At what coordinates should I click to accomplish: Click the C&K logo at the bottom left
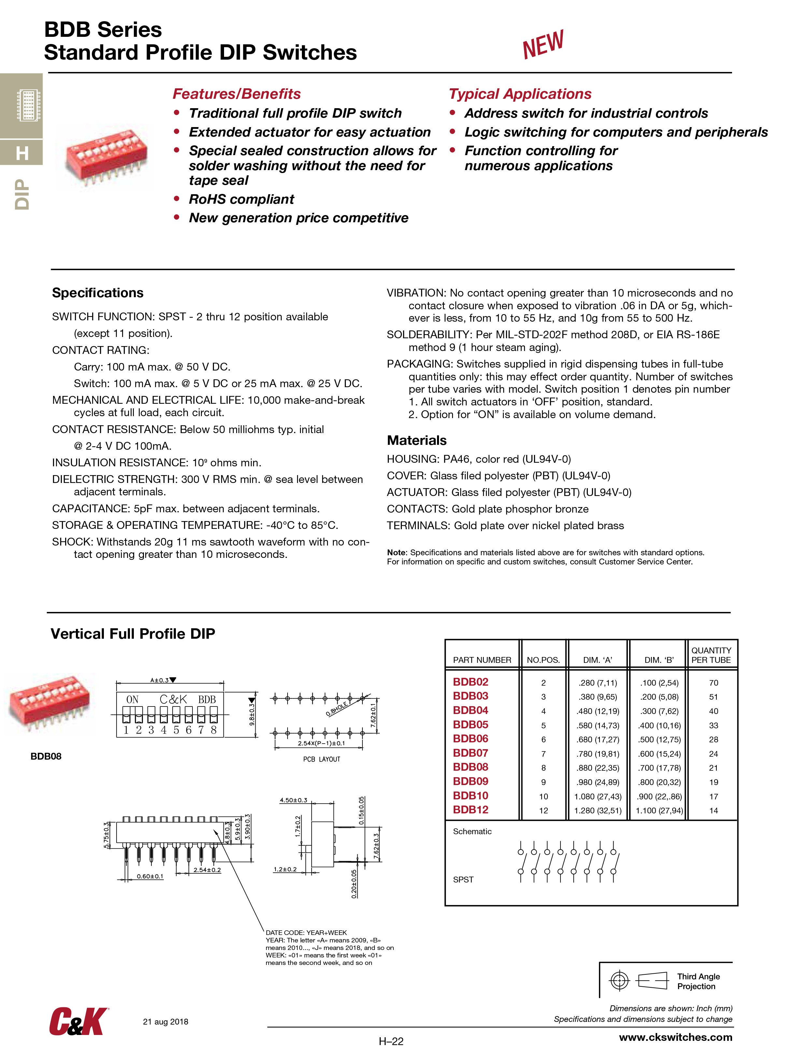click(78, 1021)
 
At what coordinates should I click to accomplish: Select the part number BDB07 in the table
click(470, 753)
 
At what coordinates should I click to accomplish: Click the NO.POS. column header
click(543, 660)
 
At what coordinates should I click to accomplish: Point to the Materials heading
click(417, 440)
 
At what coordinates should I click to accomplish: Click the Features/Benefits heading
click(236, 94)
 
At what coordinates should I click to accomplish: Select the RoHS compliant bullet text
click(241, 199)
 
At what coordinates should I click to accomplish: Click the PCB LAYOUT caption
click(321, 759)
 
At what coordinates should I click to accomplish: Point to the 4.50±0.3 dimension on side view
click(293, 800)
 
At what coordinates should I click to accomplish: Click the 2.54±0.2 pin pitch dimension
click(207, 870)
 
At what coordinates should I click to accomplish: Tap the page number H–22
click(391, 1041)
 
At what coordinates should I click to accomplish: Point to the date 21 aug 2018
click(165, 1022)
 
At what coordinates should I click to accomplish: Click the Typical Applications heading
click(520, 94)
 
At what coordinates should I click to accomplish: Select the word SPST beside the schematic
click(463, 880)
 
